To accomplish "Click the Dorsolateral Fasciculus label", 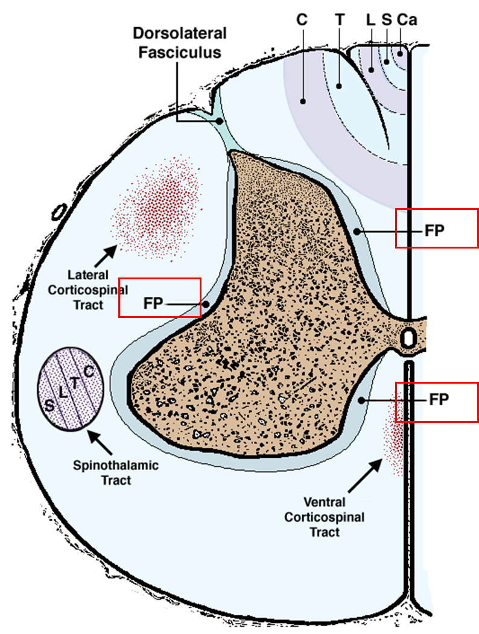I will click(180, 42).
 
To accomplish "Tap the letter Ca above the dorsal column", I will click(407, 19).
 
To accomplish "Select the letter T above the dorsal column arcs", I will click(340, 19).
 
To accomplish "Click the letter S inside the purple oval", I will click(49, 404).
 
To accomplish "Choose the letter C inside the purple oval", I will click(88, 372).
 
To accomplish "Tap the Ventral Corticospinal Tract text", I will click(325, 516).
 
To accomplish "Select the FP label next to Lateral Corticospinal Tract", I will click(153, 303).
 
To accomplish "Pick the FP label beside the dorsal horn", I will click(434, 231).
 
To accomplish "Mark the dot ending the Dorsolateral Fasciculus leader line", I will click(220, 121).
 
